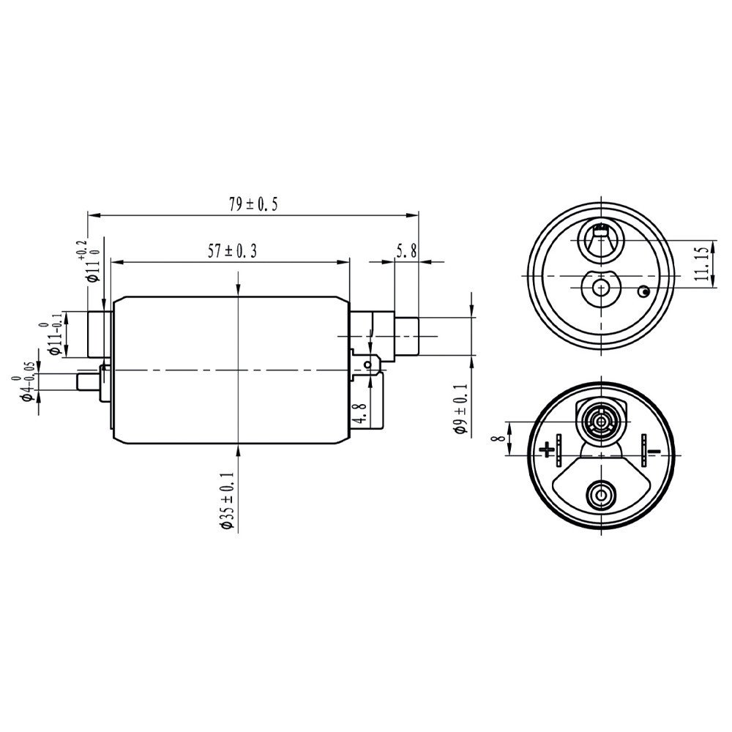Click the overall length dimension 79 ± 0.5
pyautogui.click(x=253, y=205)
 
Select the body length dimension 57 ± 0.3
pyautogui.click(x=232, y=251)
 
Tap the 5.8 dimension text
pyautogui.click(x=406, y=251)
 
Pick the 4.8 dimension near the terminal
pyautogui.click(x=358, y=414)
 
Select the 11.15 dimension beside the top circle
pyautogui.click(x=701, y=264)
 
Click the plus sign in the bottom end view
pyautogui.click(x=546, y=449)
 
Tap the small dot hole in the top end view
pyautogui.click(x=643, y=292)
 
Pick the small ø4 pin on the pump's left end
pyautogui.click(x=86, y=381)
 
